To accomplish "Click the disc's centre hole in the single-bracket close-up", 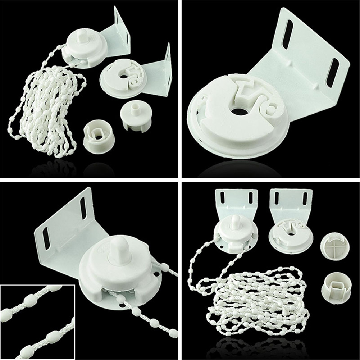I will (x=240, y=111).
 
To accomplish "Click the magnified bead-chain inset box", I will (x=37, y=322).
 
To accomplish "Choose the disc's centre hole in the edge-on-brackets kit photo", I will (x=124, y=76).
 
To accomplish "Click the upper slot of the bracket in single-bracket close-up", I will (x=288, y=34).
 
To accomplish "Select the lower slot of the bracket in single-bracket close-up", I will (x=332, y=72).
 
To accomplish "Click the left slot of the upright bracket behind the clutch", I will (x=223, y=197).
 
